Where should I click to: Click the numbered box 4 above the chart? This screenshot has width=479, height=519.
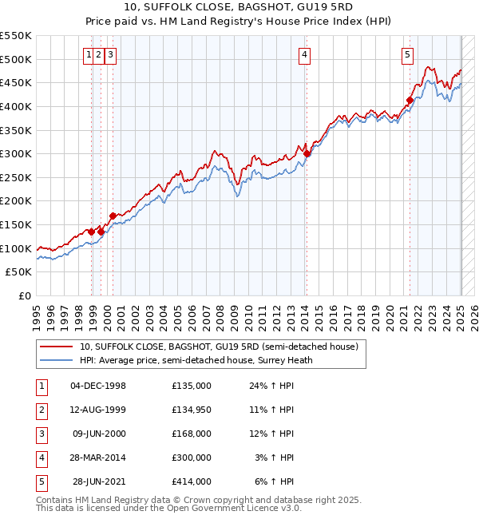(305, 55)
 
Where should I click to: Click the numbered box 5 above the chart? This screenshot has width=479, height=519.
(407, 55)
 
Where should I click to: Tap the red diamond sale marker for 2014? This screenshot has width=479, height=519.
(307, 153)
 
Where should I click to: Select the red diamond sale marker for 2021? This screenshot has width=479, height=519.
(410, 100)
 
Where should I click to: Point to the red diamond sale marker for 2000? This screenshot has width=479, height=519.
(113, 216)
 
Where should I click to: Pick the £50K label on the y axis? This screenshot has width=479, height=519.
(19, 272)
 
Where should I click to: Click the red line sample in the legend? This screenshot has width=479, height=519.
(57, 347)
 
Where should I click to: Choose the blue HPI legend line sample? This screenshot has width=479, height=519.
(57, 360)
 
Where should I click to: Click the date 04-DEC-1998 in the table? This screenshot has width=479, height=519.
(98, 386)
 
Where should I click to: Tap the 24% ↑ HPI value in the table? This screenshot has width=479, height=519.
(271, 386)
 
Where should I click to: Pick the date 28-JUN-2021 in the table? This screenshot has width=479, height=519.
(99, 481)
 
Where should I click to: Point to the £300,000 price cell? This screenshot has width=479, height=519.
(192, 458)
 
